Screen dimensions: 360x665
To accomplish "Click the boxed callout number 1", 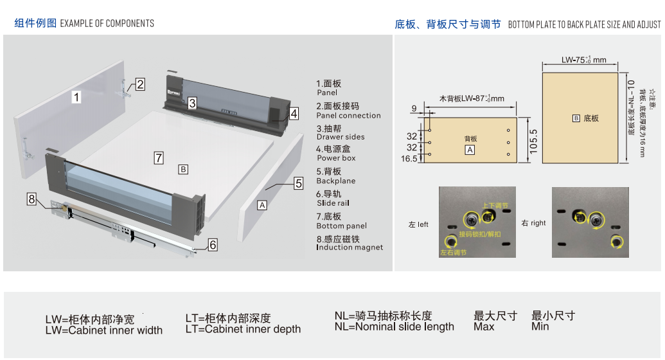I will (x=76, y=97).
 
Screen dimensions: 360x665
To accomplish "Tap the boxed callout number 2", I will (x=139, y=84).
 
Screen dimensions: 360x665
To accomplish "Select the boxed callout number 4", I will (x=294, y=114).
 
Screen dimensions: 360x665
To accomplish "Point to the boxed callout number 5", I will (x=298, y=183).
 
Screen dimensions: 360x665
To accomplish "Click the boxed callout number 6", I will (x=213, y=244).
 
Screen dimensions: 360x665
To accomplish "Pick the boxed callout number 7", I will (x=159, y=157).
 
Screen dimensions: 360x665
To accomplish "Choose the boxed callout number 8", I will (x=31, y=199).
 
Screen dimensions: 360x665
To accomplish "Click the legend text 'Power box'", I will (x=336, y=158).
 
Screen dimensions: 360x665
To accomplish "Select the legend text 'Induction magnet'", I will (x=350, y=248).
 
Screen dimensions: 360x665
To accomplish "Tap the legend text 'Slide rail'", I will (x=333, y=203).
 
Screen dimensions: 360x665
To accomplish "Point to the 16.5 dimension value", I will (x=409, y=158).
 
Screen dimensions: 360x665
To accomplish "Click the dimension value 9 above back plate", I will (x=414, y=108).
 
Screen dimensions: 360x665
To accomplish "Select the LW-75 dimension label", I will (x=583, y=60).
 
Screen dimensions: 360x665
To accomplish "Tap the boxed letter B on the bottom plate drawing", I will (x=576, y=118).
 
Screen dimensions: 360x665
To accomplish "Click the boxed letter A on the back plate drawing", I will (x=470, y=150).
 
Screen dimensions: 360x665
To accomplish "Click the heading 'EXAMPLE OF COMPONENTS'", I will (x=107, y=24).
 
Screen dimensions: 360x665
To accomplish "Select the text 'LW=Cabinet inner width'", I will (x=103, y=330).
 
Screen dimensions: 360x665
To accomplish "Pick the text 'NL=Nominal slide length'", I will (x=394, y=327).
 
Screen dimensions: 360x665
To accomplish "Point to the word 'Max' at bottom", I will (x=484, y=327).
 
